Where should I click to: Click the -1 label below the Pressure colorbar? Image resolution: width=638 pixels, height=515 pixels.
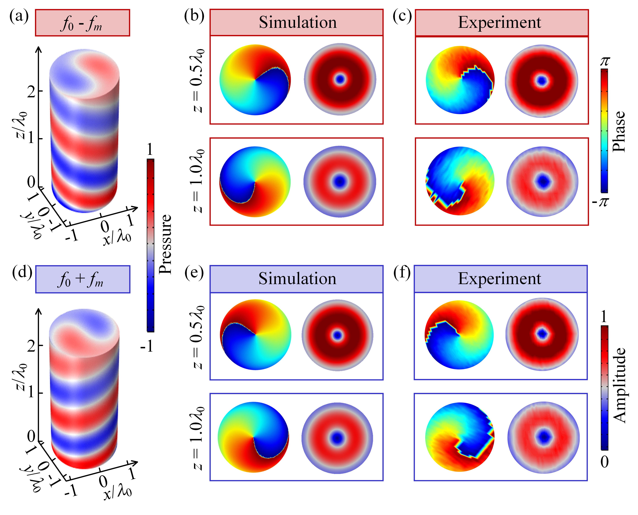pos(147,346)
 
